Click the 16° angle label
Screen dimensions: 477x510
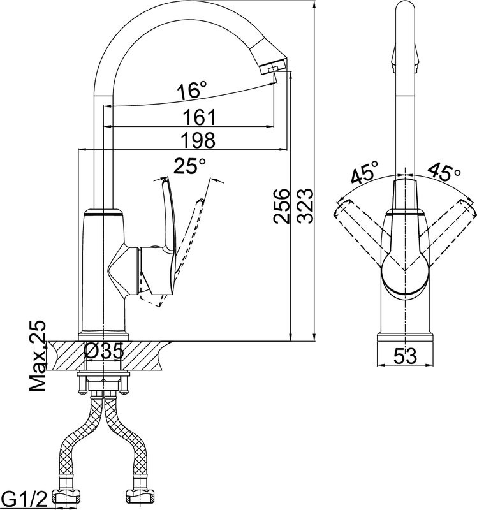pos(192,90)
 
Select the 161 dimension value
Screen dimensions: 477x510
pos(199,117)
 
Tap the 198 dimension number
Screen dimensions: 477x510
pos(198,140)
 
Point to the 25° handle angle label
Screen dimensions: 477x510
pos(189,166)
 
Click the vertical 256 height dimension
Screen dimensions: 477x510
pos(281,206)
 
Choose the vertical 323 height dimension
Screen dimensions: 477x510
pos(305,206)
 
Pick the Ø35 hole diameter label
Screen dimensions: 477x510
pos(104,351)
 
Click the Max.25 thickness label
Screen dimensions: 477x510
pos(38,356)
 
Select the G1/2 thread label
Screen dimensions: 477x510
pos(24,500)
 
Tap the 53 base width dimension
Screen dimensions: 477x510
pos(405,356)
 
